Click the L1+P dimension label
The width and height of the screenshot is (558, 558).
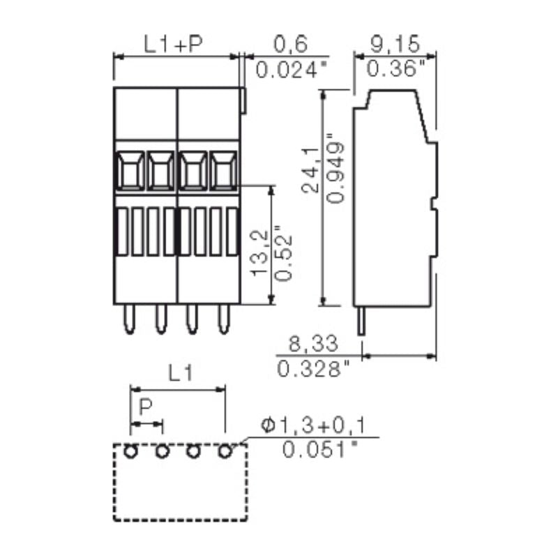point(173,44)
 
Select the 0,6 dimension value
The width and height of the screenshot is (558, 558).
point(290,45)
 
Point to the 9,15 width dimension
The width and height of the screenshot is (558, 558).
point(395,44)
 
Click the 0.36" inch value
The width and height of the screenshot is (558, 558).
point(396,68)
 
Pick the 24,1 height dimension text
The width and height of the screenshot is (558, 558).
point(310,169)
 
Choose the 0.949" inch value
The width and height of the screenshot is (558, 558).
point(335,168)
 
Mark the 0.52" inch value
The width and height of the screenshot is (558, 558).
point(285,253)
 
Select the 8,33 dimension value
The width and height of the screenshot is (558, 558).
point(313,344)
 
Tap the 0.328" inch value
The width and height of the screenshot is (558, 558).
point(313,369)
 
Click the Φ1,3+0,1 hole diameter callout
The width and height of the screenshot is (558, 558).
point(313,425)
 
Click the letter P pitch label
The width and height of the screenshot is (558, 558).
point(145,407)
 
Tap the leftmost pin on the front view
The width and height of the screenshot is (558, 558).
point(130,319)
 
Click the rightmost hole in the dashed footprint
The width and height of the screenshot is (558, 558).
point(225,451)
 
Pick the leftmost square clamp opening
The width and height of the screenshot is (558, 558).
point(130,170)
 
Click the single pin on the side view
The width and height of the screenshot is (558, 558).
point(361,321)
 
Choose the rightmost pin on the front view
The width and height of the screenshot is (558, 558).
point(224,319)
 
